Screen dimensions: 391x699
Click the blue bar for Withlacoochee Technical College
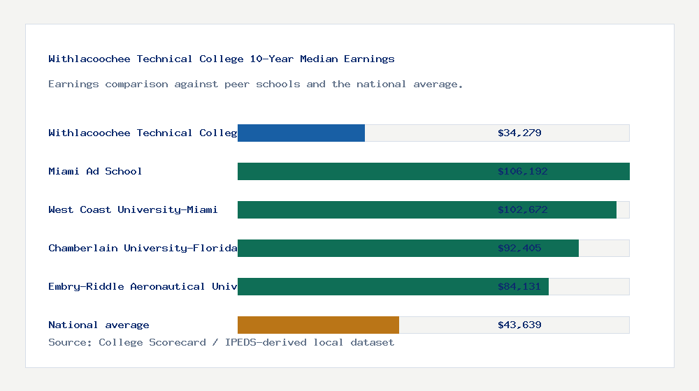pos(301,133)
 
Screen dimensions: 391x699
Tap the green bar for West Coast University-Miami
pos(363,209)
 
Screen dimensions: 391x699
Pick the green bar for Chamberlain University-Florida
pos(363,248)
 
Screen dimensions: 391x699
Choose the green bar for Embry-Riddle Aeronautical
pos(363,286)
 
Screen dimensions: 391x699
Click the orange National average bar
pos(318,325)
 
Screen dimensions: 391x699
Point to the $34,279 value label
pos(519,133)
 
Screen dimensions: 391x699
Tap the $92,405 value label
pos(519,248)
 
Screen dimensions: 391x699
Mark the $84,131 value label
pos(519,286)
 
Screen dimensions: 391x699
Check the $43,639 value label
pos(519,325)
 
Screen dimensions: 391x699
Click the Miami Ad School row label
pos(95,171)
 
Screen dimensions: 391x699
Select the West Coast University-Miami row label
pos(133,209)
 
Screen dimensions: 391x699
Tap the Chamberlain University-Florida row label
pos(143,248)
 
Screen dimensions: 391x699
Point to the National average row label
pos(99,325)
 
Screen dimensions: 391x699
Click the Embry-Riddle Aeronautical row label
pos(143,286)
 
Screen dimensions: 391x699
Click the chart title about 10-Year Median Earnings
pos(222,59)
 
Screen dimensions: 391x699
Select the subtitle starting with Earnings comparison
pos(256,84)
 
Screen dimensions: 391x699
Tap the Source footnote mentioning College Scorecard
pos(221,342)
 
